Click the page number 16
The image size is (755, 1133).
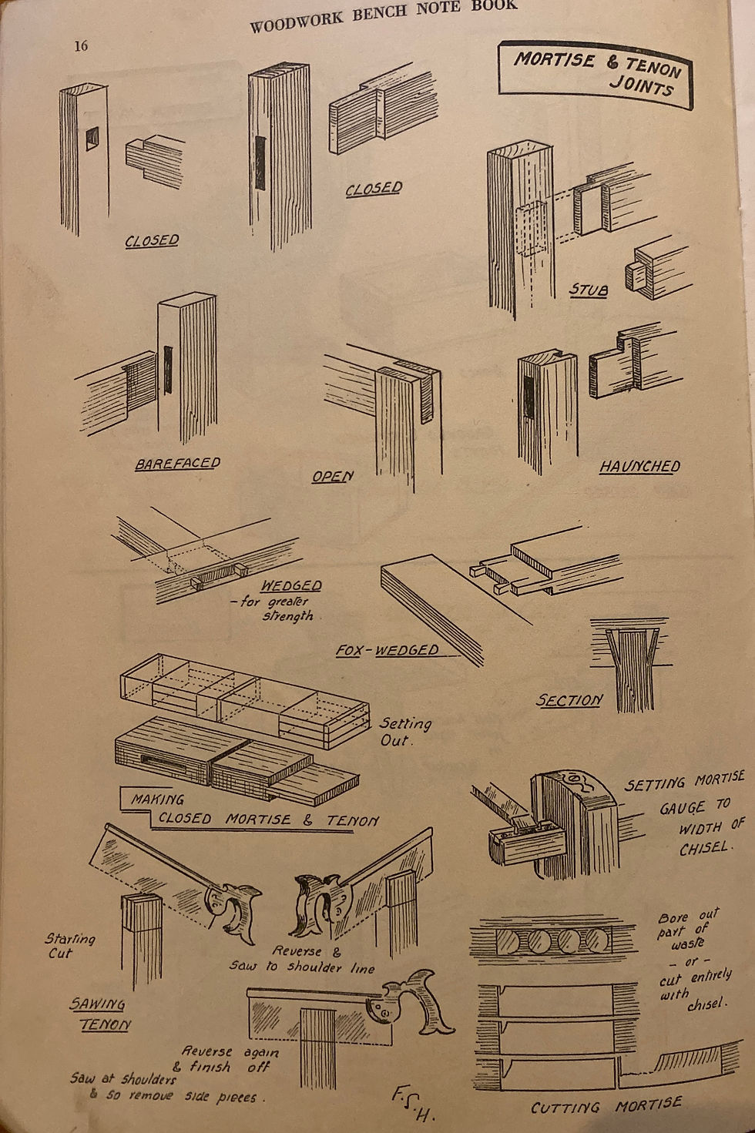(81, 46)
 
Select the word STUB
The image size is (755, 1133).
(589, 290)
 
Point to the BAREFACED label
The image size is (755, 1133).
(177, 464)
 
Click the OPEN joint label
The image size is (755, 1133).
(332, 477)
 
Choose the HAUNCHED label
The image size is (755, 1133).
(639, 467)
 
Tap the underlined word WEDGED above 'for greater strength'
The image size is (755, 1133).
(290, 585)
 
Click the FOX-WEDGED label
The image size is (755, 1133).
(388, 650)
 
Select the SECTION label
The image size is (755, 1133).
(569, 700)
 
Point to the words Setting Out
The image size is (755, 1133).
(404, 732)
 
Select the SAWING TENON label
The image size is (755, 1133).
(100, 1014)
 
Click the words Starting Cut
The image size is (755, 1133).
(69, 946)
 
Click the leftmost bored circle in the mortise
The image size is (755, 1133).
(510, 940)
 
